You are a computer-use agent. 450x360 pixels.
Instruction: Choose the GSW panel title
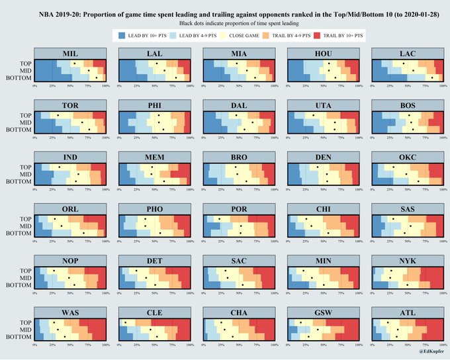(324, 313)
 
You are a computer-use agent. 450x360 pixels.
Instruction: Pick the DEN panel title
(324, 157)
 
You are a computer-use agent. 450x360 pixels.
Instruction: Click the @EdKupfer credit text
(430, 351)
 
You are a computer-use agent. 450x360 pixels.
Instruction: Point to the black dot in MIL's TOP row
(75, 64)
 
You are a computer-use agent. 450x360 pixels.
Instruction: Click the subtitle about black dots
(225, 22)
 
